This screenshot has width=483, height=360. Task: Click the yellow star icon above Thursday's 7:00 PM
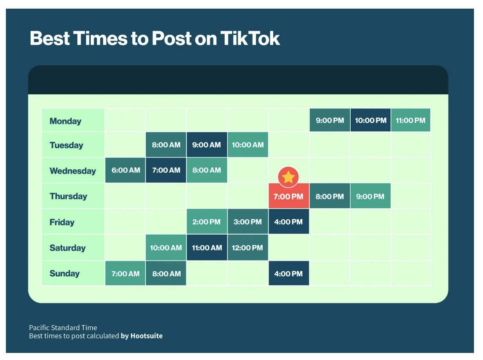pyautogui.click(x=288, y=177)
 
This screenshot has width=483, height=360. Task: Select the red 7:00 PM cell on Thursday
pyautogui.click(x=288, y=197)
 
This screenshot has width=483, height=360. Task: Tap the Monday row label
pyautogui.click(x=65, y=121)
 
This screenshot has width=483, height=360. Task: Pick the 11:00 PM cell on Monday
pyautogui.click(x=410, y=120)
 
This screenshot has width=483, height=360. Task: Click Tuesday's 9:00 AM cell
pyautogui.click(x=207, y=145)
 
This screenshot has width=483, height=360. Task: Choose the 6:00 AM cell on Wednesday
pyautogui.click(x=126, y=170)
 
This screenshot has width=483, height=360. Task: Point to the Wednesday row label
pyautogui.click(x=73, y=171)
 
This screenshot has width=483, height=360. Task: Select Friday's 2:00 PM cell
pyautogui.click(x=207, y=222)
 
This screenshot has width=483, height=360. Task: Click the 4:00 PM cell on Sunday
pyautogui.click(x=288, y=274)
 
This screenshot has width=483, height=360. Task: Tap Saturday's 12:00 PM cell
pyautogui.click(x=247, y=248)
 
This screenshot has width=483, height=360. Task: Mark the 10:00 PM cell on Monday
pyautogui.click(x=370, y=120)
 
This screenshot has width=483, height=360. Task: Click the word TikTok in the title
pyautogui.click(x=250, y=39)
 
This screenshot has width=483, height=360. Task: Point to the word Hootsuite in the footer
pyautogui.click(x=146, y=336)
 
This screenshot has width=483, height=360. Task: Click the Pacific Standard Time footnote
pyautogui.click(x=63, y=327)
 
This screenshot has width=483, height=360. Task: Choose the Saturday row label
pyautogui.click(x=68, y=248)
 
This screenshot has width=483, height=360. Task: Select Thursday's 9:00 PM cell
pyautogui.click(x=370, y=197)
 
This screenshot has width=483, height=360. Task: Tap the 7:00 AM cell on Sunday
pyautogui.click(x=126, y=274)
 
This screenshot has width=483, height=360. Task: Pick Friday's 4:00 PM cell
pyautogui.click(x=288, y=222)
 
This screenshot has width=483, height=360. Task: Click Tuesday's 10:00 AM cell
pyautogui.click(x=247, y=145)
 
